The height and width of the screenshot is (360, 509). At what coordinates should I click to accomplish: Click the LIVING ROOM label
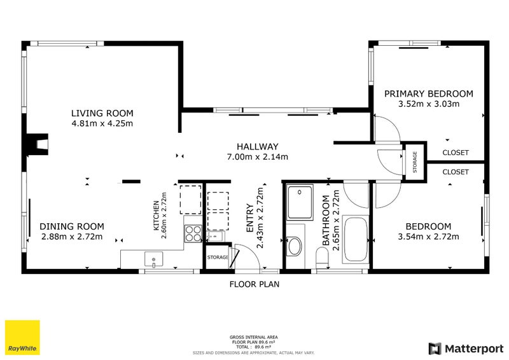point(102,113)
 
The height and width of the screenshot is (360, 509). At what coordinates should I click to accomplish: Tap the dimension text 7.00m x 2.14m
point(258,157)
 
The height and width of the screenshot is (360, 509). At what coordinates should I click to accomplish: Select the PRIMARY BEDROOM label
point(428,93)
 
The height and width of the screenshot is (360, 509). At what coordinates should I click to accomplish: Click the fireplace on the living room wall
point(38,144)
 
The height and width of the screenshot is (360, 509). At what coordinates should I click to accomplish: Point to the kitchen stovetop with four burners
point(193,233)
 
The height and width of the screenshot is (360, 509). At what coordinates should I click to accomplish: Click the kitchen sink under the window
point(153,260)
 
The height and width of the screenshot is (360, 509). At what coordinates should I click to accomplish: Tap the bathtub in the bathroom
point(356,240)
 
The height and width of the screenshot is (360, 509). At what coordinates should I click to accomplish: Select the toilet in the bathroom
point(322,258)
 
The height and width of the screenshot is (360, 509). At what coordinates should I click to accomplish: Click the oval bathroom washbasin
point(295,246)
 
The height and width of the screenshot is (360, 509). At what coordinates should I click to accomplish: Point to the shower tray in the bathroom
point(300,202)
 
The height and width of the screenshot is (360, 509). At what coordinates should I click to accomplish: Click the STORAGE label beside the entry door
point(218,258)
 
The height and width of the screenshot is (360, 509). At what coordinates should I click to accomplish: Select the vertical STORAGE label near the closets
point(415,162)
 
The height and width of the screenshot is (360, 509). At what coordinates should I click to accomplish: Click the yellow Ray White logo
point(22,338)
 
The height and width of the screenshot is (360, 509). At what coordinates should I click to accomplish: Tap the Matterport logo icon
point(435,349)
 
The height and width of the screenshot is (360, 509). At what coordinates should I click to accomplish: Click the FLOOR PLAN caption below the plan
point(254,284)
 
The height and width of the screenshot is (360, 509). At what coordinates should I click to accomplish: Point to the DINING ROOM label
point(72,226)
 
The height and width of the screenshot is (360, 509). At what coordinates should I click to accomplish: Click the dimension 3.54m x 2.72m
point(428,237)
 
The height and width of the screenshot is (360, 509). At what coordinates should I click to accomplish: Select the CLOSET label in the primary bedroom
point(456,153)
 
